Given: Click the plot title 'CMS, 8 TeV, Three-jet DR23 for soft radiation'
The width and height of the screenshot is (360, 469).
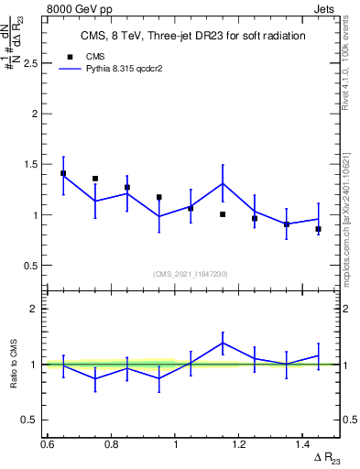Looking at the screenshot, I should point(191,35).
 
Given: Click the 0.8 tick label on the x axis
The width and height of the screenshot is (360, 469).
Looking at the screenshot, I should point(111,443).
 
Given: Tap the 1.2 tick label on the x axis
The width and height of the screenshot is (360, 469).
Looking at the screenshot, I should point(239,443).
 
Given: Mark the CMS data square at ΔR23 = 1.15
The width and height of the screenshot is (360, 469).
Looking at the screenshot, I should point(223,214).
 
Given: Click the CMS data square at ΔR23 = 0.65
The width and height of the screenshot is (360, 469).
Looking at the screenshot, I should point(63,173).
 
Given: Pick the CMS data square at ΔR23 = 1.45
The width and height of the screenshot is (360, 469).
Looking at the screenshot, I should point(318,229).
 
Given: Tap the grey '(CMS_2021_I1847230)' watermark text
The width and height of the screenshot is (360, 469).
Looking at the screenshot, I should point(191,274).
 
